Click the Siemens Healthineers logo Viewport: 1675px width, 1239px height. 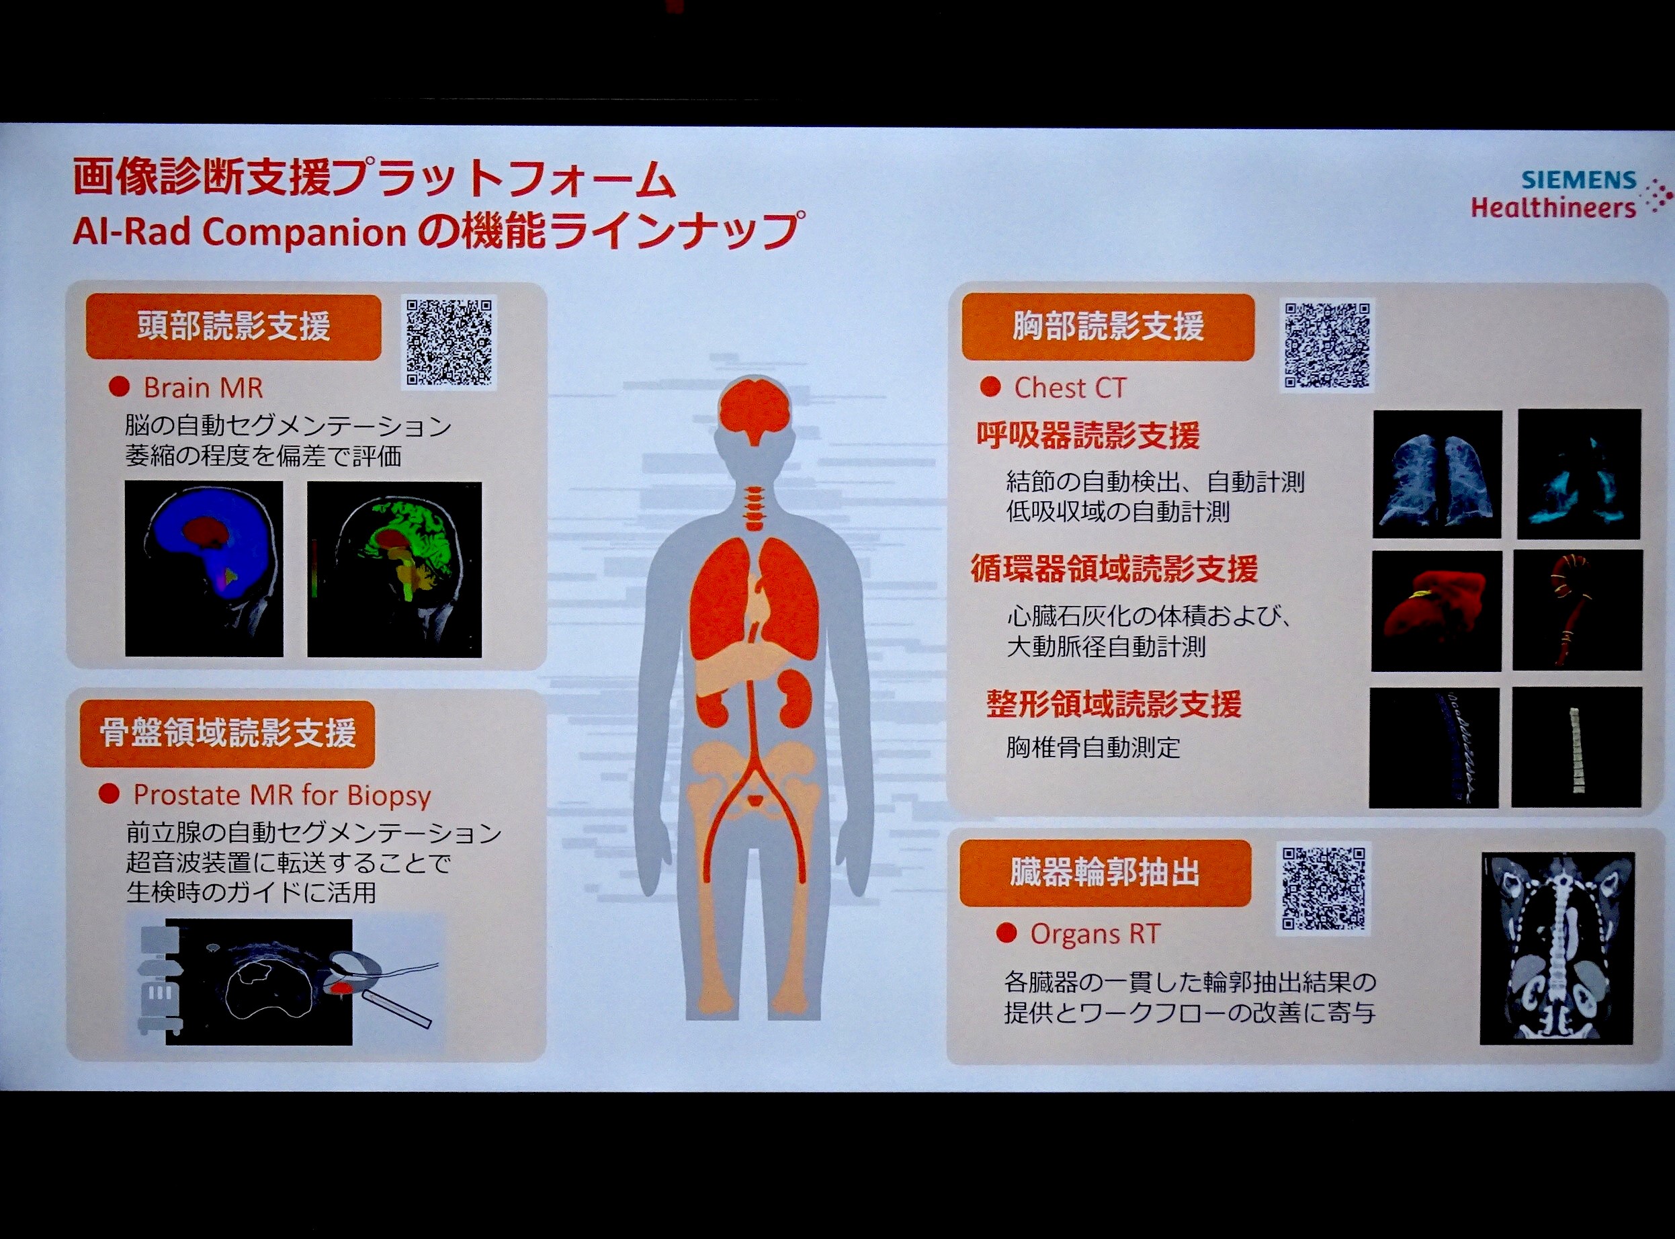click(x=1571, y=194)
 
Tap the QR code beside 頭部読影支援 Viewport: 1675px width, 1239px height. click(x=449, y=343)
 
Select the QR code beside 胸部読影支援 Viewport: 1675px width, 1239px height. click(x=1326, y=345)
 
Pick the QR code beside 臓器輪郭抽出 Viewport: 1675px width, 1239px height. click(x=1324, y=889)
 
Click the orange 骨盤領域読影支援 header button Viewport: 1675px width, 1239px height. click(x=227, y=734)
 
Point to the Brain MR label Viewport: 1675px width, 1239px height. click(x=203, y=388)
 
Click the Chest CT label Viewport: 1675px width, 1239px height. click(x=1070, y=388)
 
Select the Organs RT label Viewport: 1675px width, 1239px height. click(x=1094, y=934)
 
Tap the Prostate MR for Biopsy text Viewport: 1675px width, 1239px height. click(x=282, y=795)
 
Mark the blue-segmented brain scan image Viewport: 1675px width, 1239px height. click(x=204, y=568)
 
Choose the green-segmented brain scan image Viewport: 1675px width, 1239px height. click(x=394, y=569)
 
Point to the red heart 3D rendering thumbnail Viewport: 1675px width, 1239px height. click(x=1436, y=611)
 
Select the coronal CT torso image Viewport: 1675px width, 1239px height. click(x=1557, y=948)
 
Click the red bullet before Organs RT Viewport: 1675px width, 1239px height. click(x=1006, y=934)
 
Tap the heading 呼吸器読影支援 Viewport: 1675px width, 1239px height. click(x=1088, y=435)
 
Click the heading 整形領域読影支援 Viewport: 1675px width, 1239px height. click(x=1113, y=704)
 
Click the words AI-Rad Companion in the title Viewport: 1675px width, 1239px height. click(x=240, y=232)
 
